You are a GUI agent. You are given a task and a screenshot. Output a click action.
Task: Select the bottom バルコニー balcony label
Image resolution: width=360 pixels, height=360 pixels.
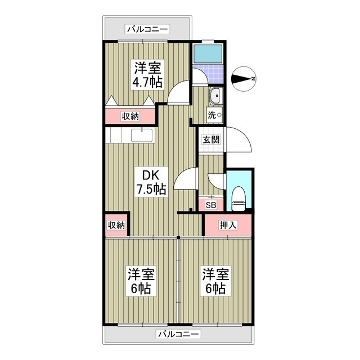pyautogui.click(x=178, y=334)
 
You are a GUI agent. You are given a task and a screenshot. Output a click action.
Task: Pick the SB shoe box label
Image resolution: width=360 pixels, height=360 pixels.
pyautogui.click(x=211, y=205)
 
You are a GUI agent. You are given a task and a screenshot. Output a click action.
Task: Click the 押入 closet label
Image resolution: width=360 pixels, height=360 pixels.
pyautogui.click(x=228, y=225)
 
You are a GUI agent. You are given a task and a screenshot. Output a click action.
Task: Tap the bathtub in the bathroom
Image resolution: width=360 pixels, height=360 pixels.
pyautogui.click(x=208, y=53)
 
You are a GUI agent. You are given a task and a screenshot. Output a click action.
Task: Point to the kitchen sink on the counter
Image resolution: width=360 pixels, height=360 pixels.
pyautogui.click(x=142, y=135)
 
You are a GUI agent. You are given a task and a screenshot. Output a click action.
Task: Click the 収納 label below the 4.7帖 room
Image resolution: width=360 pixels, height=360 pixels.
pyautogui.click(x=130, y=116)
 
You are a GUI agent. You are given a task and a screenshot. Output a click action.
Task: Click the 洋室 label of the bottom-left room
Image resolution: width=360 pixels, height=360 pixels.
pyautogui.click(x=141, y=274)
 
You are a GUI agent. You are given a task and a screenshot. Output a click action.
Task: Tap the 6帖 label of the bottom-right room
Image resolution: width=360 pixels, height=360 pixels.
pyautogui.click(x=216, y=289)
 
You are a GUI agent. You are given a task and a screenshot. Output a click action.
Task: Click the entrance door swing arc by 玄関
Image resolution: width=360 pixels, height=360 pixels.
pyautogui.click(x=239, y=141)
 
